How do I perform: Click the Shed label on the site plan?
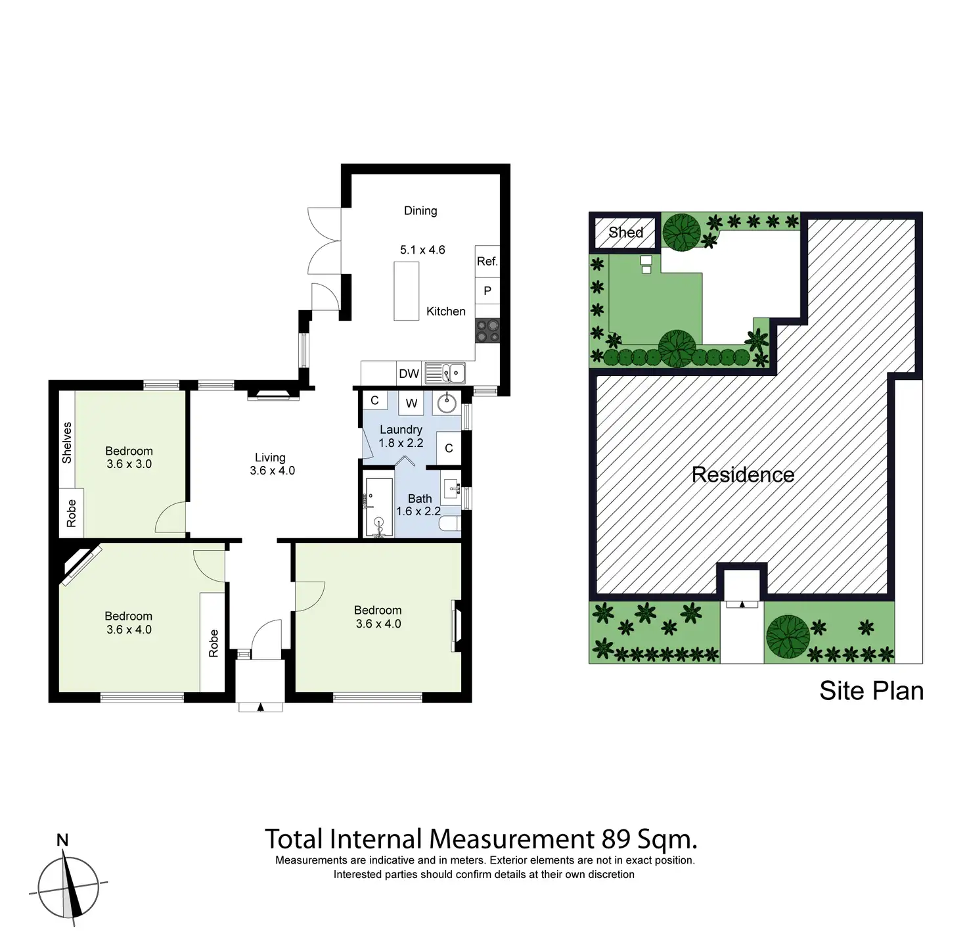[x=625, y=232]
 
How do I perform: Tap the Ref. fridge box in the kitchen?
[x=487, y=262]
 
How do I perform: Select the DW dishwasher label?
[x=409, y=373]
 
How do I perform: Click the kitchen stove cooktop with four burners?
[x=487, y=331]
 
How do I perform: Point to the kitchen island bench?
[x=406, y=291]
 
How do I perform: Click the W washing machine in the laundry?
[x=411, y=403]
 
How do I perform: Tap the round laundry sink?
[x=447, y=402]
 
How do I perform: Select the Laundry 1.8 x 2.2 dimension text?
[x=401, y=443]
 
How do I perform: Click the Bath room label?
[x=420, y=499]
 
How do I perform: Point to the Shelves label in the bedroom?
[x=67, y=442]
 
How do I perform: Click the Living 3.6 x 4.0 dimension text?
[x=272, y=471]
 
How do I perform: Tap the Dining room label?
[x=420, y=211]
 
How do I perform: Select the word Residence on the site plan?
[x=743, y=474]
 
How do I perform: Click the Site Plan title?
[x=871, y=691]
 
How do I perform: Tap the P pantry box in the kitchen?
[x=487, y=290]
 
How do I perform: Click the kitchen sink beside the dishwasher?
[x=445, y=373]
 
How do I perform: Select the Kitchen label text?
[x=445, y=312]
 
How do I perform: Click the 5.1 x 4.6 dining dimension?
[x=422, y=250]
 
